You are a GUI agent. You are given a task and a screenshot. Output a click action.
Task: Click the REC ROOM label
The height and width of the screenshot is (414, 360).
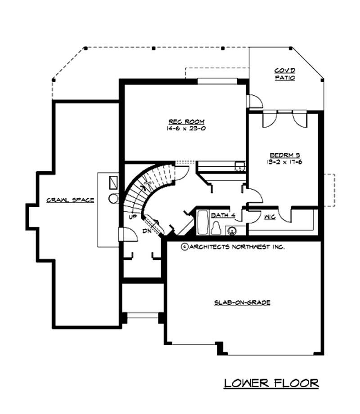pos(186,122)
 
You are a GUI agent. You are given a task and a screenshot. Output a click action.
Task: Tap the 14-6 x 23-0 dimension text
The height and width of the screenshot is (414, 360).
pos(186,128)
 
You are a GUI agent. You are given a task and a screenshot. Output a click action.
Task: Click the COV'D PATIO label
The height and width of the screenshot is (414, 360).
pos(285,74)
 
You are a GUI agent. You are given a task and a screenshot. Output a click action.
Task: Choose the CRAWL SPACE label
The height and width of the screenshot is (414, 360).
pos(70,200)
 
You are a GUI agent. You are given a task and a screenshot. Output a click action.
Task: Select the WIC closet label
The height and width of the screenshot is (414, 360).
pos(270,216)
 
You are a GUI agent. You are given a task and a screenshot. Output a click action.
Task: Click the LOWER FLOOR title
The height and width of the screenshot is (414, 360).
pos(271,383)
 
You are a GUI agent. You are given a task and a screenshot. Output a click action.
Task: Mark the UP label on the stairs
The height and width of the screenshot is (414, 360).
pos(133,217)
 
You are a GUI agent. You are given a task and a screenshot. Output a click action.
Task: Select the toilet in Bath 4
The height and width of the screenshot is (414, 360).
pos(216,228)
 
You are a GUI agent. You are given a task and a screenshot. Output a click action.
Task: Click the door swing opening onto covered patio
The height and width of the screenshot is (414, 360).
pos(254,101)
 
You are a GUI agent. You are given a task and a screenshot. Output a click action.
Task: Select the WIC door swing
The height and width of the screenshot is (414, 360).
pos(285,214)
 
